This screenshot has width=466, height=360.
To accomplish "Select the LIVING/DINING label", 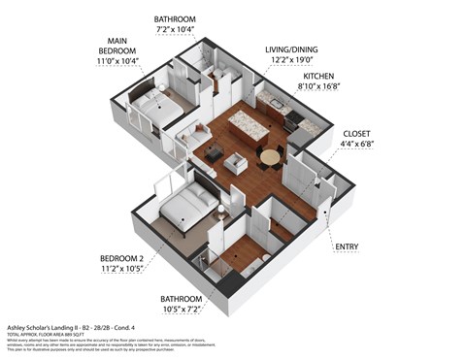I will [x=291, y=49].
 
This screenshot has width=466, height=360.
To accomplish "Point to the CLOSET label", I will [x=358, y=133].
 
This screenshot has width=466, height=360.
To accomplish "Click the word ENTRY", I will [x=346, y=246].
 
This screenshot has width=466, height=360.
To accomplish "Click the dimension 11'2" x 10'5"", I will [x=124, y=272].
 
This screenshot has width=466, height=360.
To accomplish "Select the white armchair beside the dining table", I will [x=236, y=164].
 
